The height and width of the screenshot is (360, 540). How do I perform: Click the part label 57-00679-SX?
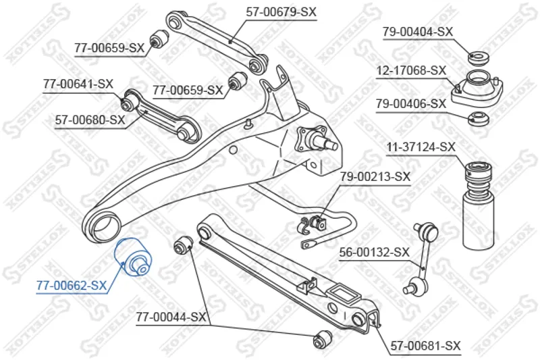281,12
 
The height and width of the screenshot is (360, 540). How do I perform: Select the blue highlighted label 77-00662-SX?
72,286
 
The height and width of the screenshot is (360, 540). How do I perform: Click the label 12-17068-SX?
411,71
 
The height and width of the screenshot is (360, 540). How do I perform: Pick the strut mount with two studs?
477,88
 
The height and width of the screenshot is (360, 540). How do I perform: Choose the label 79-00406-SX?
411,103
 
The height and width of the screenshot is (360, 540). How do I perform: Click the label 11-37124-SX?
421,147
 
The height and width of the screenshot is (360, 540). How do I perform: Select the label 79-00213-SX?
375,177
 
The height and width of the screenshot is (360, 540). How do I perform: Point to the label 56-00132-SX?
375,253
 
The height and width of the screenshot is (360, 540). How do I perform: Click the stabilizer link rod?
421,259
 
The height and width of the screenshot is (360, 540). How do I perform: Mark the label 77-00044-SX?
171,317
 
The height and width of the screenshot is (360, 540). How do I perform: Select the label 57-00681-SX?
425,346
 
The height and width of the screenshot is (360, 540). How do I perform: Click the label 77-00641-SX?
78,84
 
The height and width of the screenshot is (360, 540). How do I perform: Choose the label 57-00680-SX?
90,120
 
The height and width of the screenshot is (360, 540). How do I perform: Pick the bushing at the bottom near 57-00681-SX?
323,339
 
